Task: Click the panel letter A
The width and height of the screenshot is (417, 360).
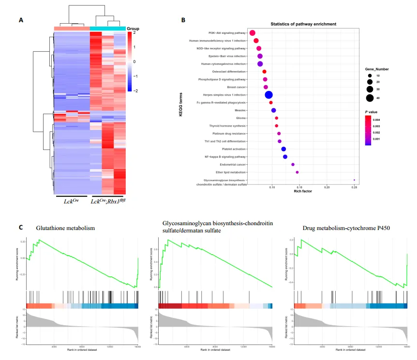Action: click(x=21, y=20)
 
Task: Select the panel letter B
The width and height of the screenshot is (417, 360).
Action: click(x=183, y=20)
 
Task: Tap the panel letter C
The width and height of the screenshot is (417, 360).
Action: click(x=21, y=227)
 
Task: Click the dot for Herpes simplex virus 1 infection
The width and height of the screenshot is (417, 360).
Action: click(x=268, y=95)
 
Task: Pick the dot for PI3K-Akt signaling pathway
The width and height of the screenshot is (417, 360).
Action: click(x=252, y=33)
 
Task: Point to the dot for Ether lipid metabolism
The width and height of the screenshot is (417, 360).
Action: click(x=297, y=172)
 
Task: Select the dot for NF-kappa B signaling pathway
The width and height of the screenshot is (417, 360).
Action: click(x=285, y=157)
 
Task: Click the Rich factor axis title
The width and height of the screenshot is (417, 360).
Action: click(x=303, y=191)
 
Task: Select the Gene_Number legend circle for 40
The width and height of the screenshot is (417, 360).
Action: click(x=370, y=98)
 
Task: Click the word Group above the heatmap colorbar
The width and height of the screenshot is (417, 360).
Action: click(x=133, y=29)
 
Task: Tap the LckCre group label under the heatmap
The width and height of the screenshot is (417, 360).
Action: click(x=72, y=201)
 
